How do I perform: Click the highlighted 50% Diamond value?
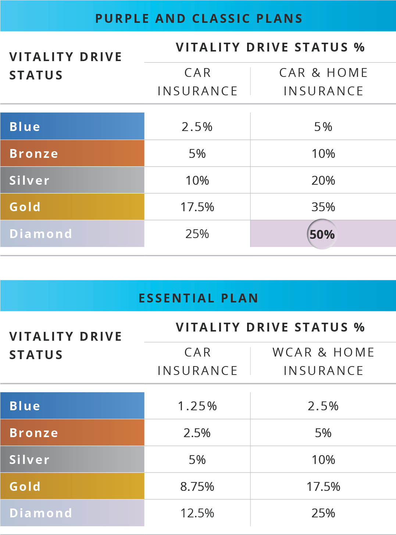pyautogui.click(x=322, y=234)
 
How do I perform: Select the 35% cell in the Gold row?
pyautogui.click(x=323, y=207)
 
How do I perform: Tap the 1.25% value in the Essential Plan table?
pyautogui.click(x=197, y=406)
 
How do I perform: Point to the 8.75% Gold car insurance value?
pyautogui.click(x=197, y=486)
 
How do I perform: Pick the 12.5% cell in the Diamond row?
pyautogui.click(x=197, y=513)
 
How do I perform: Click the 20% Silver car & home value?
pyautogui.click(x=323, y=180)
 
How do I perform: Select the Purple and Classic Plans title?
pyautogui.click(x=199, y=18)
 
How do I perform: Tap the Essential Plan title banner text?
pyautogui.click(x=199, y=298)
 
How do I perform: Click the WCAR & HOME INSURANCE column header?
pyautogui.click(x=323, y=361)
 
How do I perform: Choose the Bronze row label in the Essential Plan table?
pyautogui.click(x=34, y=433)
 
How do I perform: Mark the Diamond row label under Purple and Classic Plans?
pyautogui.click(x=41, y=234)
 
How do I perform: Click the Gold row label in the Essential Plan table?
pyautogui.click(x=25, y=486)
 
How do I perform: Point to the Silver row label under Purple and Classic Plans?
pyautogui.click(x=29, y=180)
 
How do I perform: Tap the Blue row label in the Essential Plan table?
pyautogui.click(x=25, y=406)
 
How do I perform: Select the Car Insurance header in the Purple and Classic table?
pyautogui.click(x=197, y=82)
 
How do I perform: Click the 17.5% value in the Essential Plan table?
pyautogui.click(x=323, y=486)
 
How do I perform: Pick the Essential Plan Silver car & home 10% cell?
pyautogui.click(x=323, y=460)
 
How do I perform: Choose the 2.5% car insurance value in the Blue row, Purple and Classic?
pyautogui.click(x=197, y=127)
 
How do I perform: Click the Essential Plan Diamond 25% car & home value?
pyautogui.click(x=323, y=513)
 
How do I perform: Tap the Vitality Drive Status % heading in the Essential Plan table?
pyautogui.click(x=270, y=327)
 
